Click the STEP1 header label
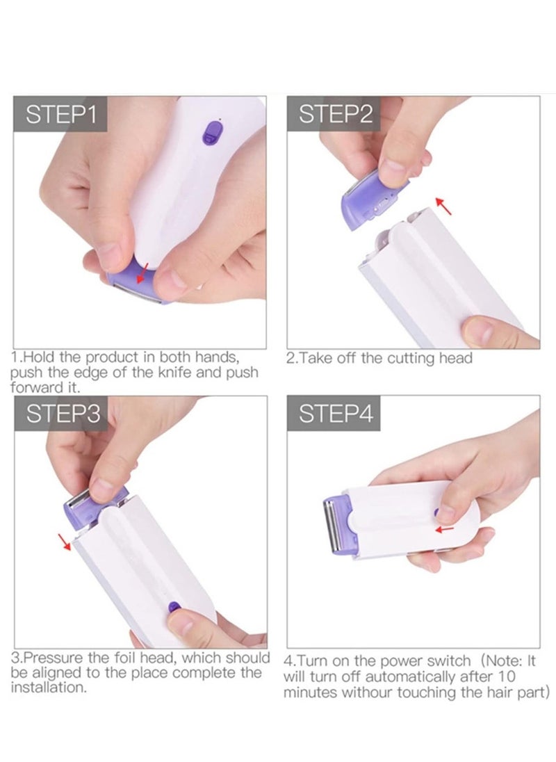click(60, 114)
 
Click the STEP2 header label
click(335, 114)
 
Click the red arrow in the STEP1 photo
click(144, 273)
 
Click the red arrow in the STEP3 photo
click(65, 541)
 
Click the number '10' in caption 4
click(525, 676)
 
